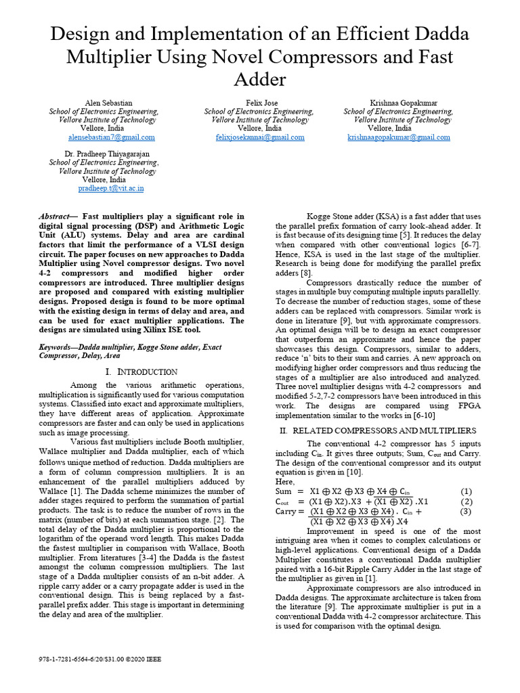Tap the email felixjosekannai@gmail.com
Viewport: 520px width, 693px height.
pos(259,137)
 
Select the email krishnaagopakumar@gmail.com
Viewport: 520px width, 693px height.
pos(398,137)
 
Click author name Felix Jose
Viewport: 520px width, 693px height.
pos(259,102)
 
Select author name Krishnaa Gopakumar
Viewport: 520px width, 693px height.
pos(398,102)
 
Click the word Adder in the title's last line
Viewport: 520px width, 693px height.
pos(260,80)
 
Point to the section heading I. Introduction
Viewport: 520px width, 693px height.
pos(142,372)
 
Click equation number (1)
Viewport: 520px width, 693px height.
pos(466,491)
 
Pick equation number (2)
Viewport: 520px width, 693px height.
pos(466,501)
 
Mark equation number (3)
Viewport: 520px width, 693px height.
pos(466,512)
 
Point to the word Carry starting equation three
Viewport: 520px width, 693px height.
pos(286,512)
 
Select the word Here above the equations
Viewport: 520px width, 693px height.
pos(285,480)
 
